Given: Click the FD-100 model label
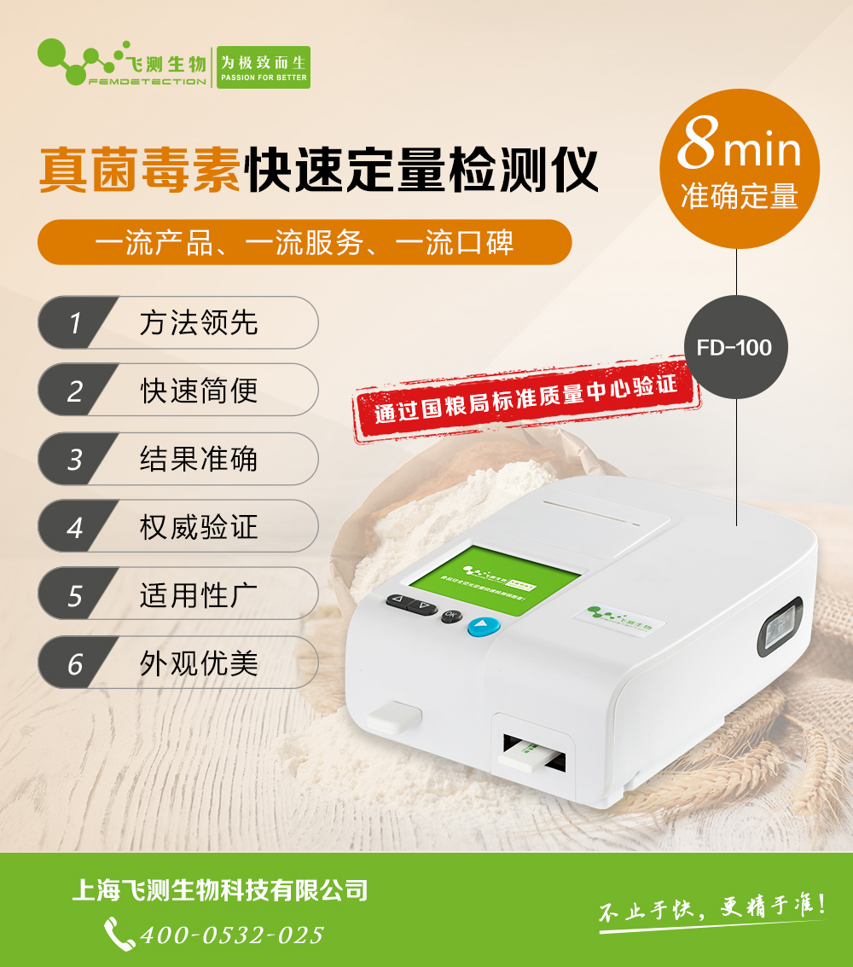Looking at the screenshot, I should point(734,348).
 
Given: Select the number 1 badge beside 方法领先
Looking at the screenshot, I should point(75,323).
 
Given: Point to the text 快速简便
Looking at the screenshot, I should point(199,391).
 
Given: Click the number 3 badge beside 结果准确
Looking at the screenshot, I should point(75,460).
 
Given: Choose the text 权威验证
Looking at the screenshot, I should point(199,527).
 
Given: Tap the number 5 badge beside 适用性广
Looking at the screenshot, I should point(75,595).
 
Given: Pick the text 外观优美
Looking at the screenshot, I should point(199,663).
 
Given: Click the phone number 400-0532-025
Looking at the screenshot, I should point(232,935).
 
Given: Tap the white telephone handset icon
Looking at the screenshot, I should point(119,934).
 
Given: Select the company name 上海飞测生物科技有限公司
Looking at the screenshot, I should point(220,890).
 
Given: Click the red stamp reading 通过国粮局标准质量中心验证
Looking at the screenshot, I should point(526,398).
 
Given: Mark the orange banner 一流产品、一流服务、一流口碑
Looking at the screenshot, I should point(305,243).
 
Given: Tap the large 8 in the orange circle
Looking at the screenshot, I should point(696,148).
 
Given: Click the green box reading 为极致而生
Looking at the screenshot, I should point(263,67).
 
